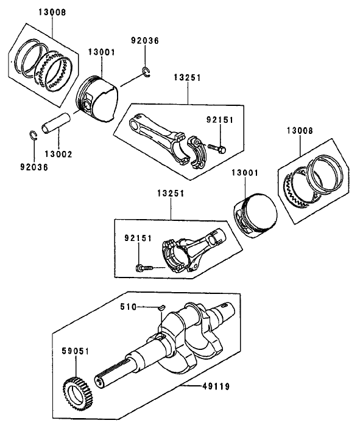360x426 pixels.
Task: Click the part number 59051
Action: [x=75, y=351]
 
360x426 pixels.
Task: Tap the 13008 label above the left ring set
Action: [x=53, y=12]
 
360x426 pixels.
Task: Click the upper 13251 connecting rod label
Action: [x=187, y=79]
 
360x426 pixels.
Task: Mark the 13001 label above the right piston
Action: [x=245, y=173]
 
